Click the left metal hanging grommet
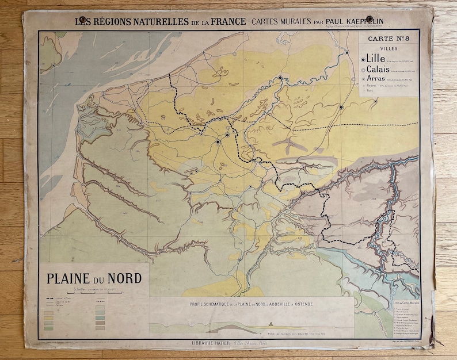pos(83,21)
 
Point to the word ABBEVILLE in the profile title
pos(275,303)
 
